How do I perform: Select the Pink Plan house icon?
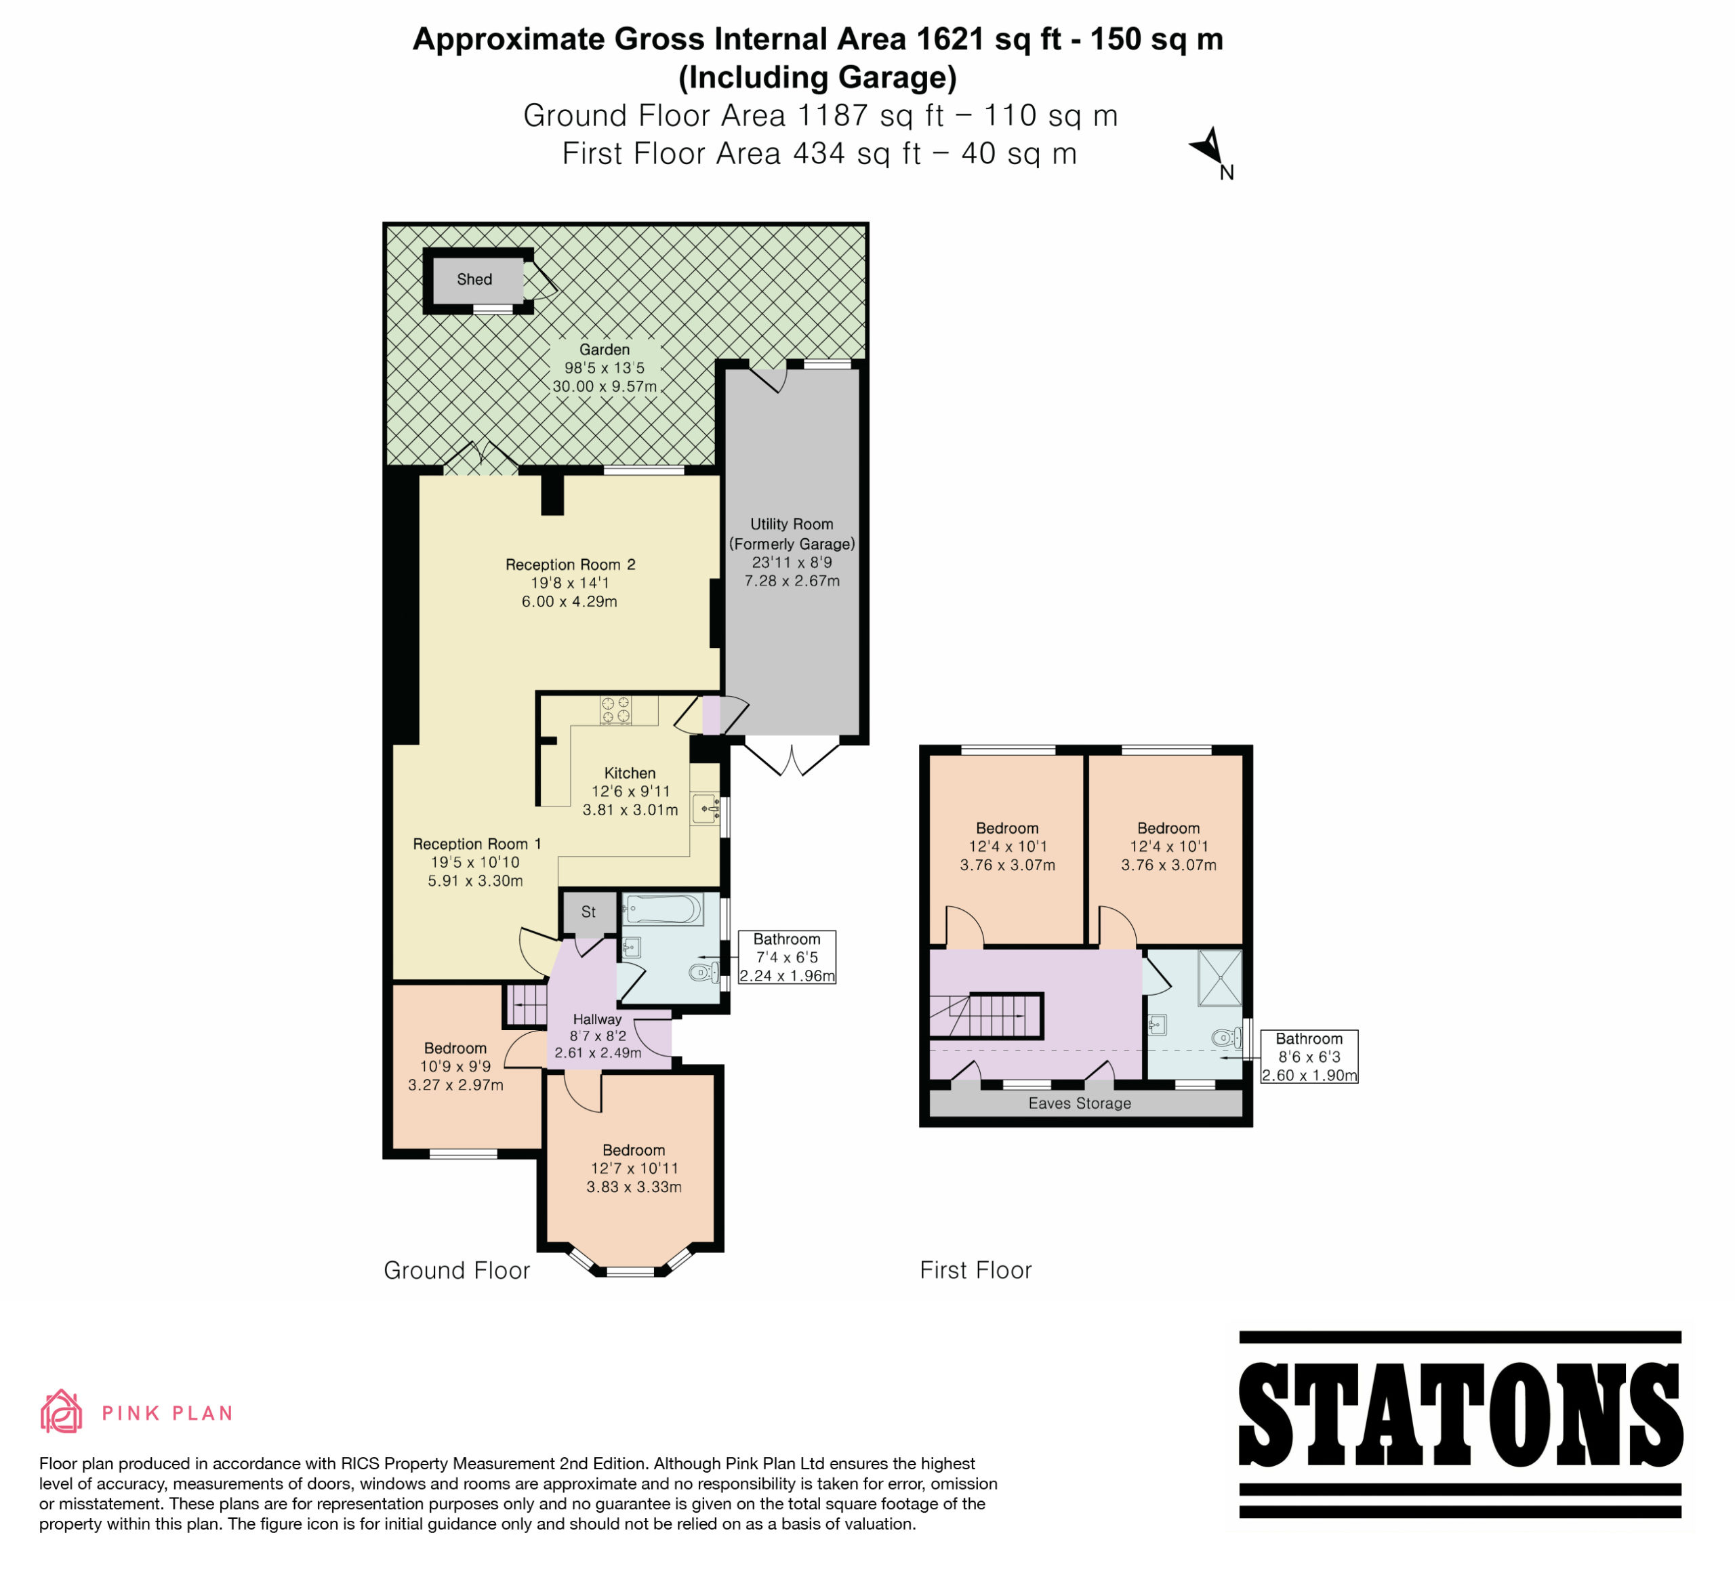61,1412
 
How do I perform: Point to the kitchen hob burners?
616,710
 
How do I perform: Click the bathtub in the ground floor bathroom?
663,909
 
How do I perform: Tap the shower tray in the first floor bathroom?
1219,977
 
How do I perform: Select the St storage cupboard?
589,913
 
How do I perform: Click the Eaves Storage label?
1079,1103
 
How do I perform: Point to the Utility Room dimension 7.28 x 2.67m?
792,581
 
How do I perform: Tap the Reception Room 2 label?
570,565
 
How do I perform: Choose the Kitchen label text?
630,773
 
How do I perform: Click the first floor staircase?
987,1017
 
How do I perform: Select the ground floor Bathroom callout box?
787,957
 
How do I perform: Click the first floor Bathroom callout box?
1309,1057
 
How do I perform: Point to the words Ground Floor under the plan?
457,1270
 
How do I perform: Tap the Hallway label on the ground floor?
597,1019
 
